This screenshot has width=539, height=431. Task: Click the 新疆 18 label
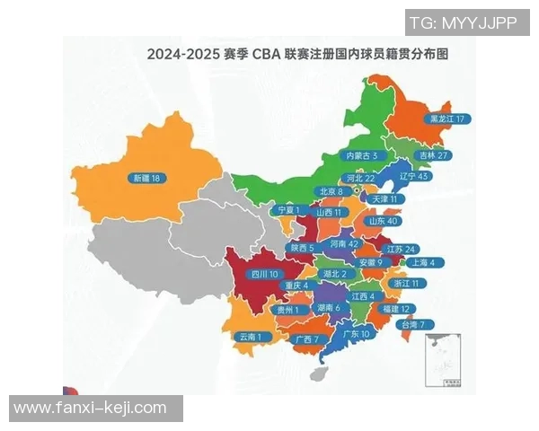(145, 178)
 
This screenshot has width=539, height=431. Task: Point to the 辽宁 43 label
(413, 177)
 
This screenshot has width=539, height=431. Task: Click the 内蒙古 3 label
(367, 155)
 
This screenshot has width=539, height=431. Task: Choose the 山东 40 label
(380, 221)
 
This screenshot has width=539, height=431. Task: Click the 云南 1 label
(251, 337)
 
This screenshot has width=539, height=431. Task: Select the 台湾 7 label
(418, 324)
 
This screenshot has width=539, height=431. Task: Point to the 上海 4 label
(421, 263)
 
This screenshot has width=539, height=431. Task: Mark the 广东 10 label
(357, 333)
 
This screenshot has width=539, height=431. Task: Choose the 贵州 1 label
(287, 309)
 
